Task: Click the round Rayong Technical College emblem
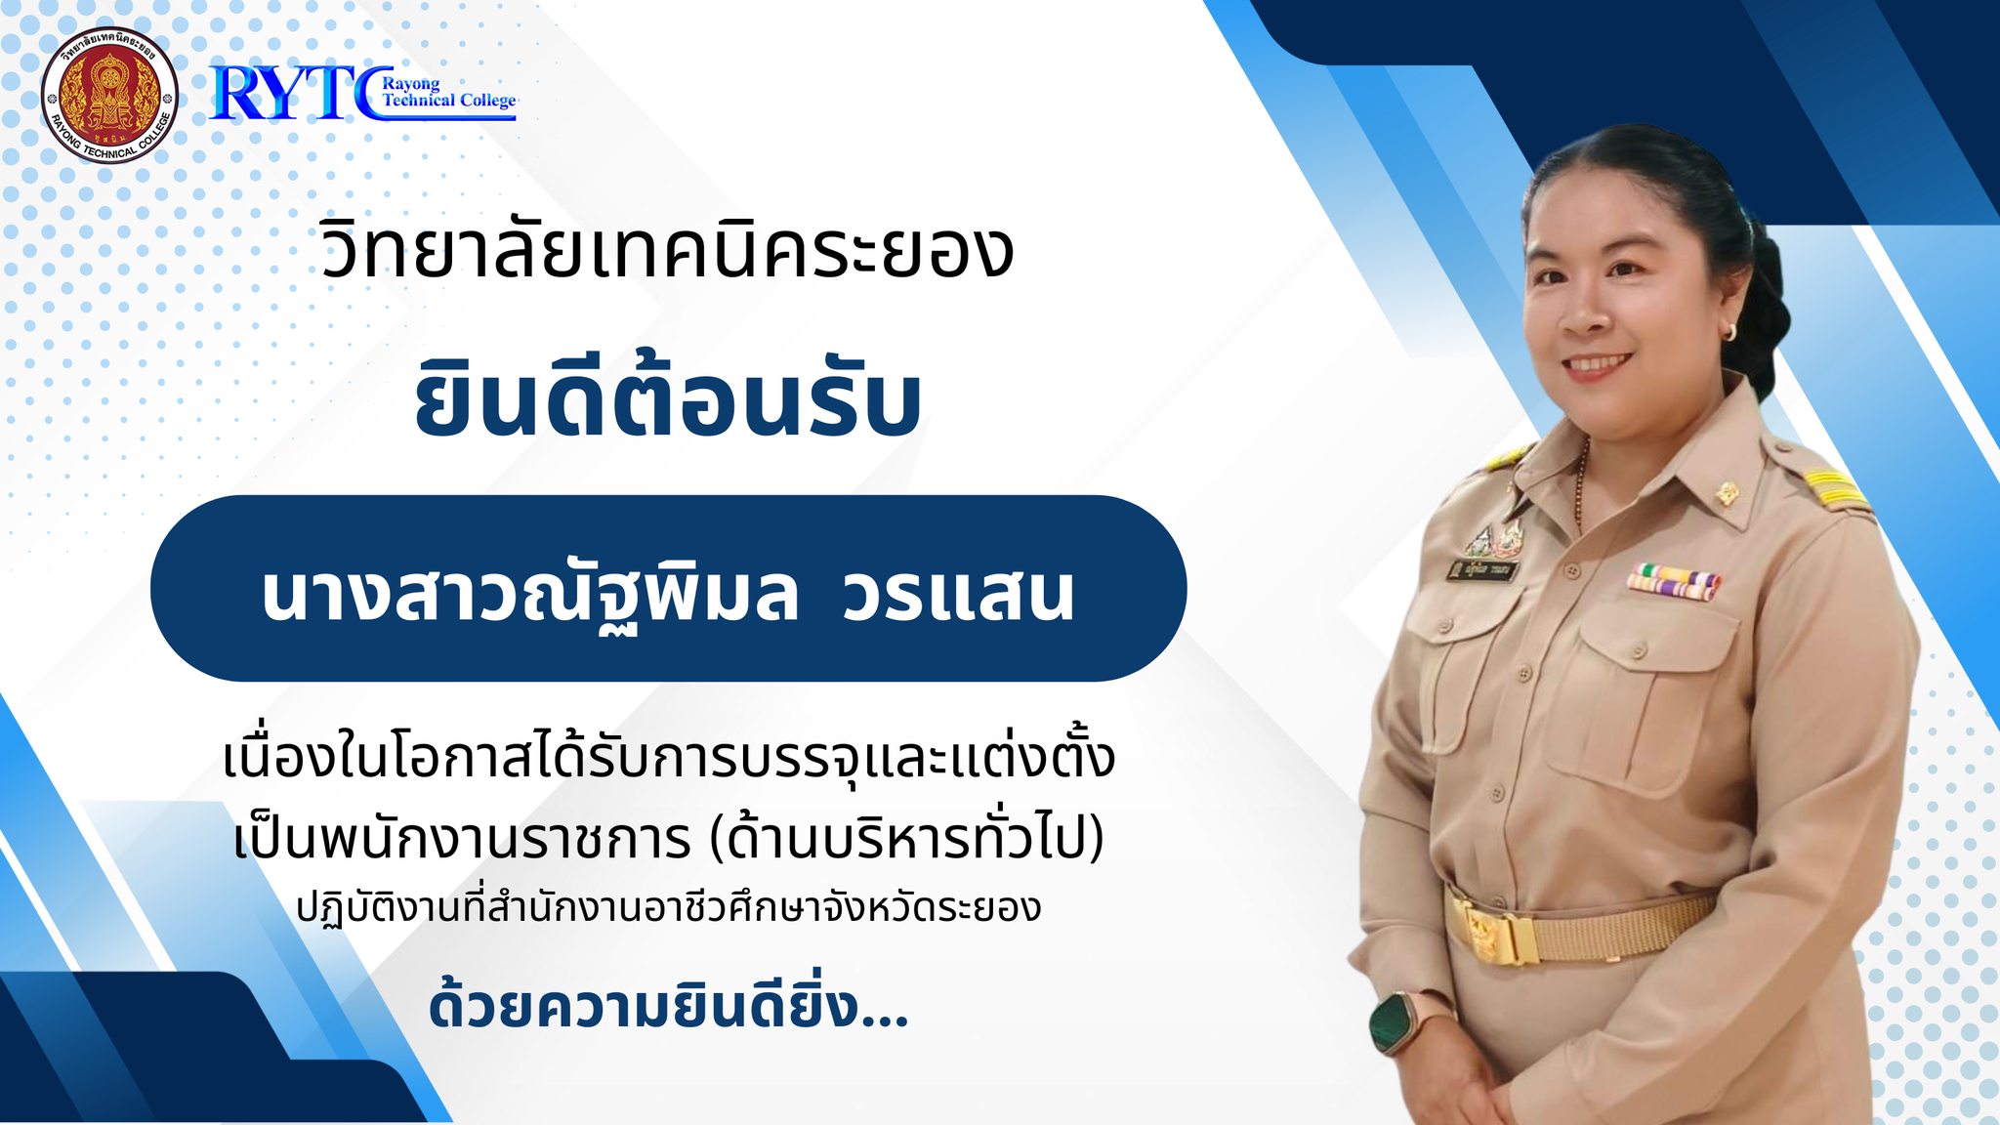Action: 109,95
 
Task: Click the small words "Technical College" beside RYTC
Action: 449,101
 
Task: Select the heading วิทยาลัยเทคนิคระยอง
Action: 667,249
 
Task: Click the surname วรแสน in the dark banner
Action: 958,594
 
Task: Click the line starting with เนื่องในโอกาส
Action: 669,758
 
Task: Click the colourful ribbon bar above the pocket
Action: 1673,581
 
